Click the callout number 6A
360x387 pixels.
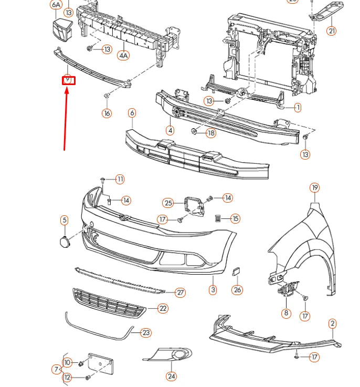click(56, 5)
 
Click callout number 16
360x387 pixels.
click(107, 113)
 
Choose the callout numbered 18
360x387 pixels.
click(210, 133)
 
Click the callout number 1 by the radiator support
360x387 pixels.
click(298, 108)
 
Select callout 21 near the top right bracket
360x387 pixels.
click(331, 31)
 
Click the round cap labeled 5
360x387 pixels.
click(64, 242)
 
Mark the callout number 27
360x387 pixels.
click(180, 292)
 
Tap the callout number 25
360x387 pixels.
click(168, 203)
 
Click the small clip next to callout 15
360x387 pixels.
click(218, 217)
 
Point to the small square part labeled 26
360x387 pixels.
click(236, 273)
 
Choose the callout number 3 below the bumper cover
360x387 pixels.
click(213, 289)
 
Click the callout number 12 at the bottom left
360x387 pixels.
click(68, 378)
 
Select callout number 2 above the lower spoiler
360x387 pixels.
click(332, 323)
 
